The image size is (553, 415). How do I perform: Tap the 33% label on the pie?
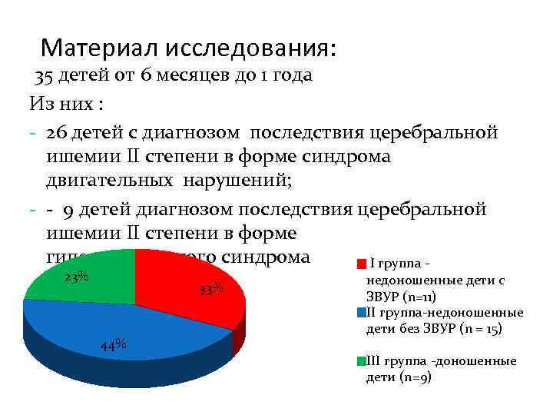tap(210, 289)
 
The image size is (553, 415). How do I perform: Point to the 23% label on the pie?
tap(76, 277)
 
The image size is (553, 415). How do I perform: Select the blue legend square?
tap(362, 312)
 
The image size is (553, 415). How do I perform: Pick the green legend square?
tap(362, 360)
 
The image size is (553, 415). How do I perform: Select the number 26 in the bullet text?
tap(56, 131)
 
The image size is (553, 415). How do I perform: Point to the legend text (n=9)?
tap(418, 377)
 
